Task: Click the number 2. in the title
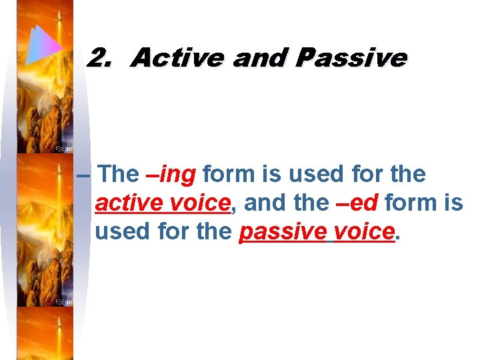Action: pos(100,59)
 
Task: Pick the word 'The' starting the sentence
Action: pos(119,175)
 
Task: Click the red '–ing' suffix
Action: pos(171,175)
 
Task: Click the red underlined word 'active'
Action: pos(129,203)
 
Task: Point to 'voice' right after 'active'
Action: pos(200,203)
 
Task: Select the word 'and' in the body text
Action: pos(262,203)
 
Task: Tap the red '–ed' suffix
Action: pos(357,203)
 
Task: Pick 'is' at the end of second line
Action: pos(453,203)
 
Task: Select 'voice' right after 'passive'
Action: pos(364,231)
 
